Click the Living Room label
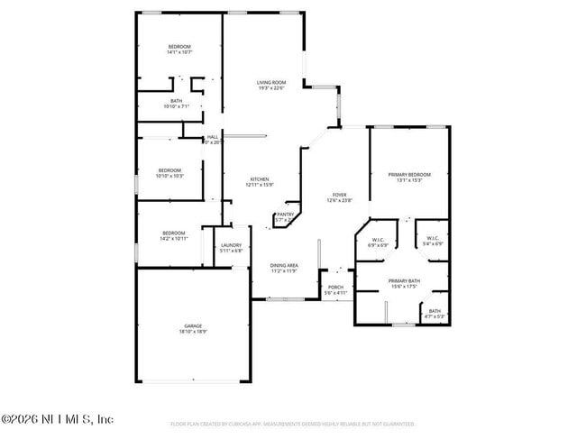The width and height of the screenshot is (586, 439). tap(264, 82)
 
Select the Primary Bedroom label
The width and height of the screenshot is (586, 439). tap(409, 174)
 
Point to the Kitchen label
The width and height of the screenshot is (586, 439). tap(259, 179)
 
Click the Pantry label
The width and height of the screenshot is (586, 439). tap(285, 214)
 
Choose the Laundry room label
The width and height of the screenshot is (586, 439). tap(231, 245)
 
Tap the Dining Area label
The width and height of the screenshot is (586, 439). tap(286, 265)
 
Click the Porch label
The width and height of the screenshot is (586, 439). tap(335, 288)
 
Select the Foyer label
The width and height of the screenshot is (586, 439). tap(339, 194)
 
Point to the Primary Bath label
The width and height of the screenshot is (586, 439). tap(404, 281)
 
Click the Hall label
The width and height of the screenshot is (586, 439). tap(214, 137)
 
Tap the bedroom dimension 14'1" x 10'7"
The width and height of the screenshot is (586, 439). tap(179, 52)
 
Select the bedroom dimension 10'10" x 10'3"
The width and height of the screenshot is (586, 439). tap(170, 176)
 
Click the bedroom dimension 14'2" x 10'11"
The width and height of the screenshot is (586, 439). tap(174, 239)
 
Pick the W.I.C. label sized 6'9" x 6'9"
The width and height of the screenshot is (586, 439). tap(379, 244)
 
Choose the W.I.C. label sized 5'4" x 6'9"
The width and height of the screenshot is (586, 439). tap(434, 244)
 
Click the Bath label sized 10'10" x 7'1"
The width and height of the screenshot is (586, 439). tap(177, 106)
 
